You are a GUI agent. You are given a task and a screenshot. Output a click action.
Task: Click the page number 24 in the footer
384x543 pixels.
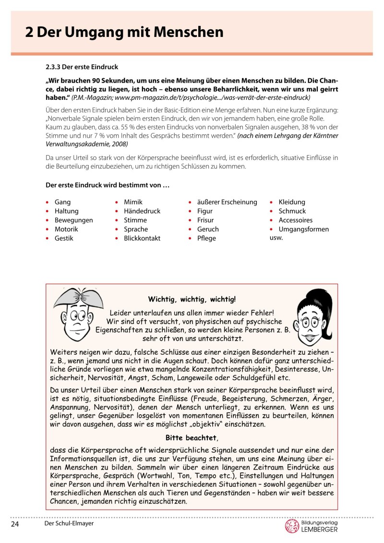click(14, 524)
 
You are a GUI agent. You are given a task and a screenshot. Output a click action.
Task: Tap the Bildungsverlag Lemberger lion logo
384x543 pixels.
click(292, 526)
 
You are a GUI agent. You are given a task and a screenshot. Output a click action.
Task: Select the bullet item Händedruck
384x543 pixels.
click(142, 211)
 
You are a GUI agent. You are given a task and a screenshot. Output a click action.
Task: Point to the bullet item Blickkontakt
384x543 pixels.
click(142, 239)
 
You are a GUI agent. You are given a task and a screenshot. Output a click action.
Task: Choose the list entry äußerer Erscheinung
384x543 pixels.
click(227, 202)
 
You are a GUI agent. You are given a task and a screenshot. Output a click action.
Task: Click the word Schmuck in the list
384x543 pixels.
click(292, 211)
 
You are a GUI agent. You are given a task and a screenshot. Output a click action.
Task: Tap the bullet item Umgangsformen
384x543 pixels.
click(303, 229)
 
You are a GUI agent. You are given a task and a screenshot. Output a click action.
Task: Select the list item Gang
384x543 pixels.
click(62, 202)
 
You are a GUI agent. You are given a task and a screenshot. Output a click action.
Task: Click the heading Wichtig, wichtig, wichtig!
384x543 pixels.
click(192, 300)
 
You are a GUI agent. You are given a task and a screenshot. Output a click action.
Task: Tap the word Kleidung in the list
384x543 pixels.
click(292, 202)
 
